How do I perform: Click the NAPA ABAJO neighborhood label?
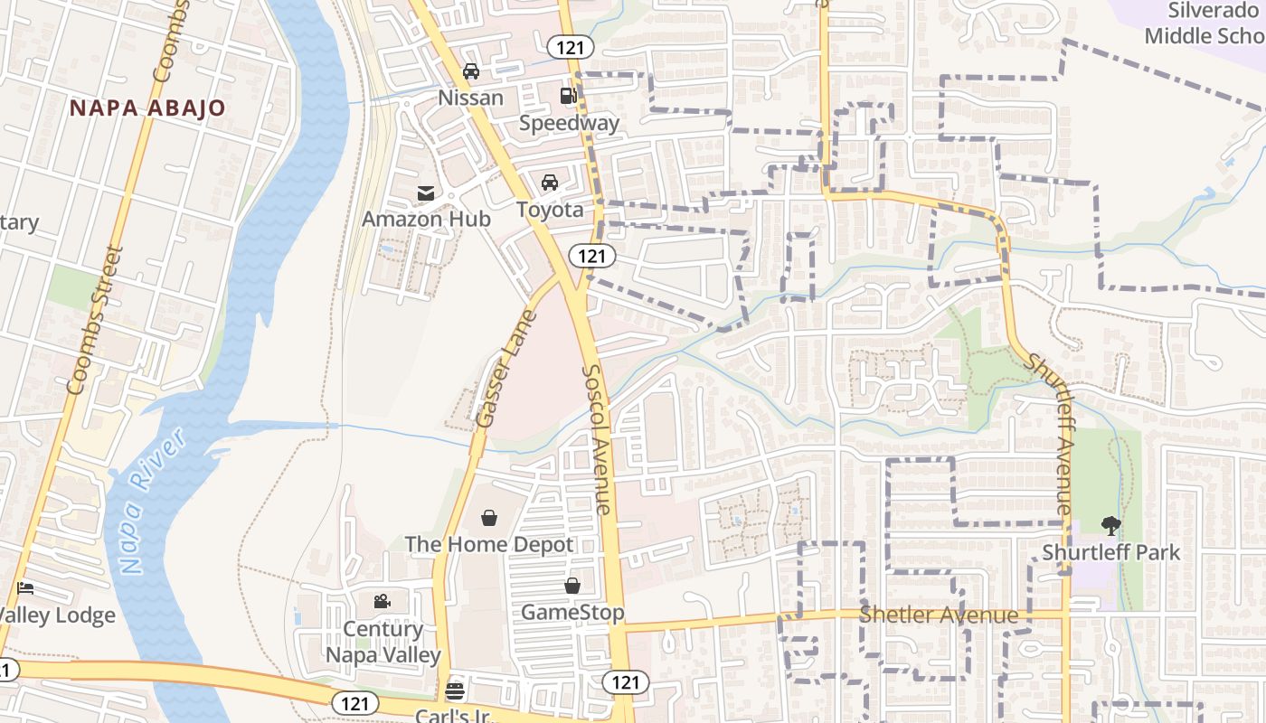point(148,108)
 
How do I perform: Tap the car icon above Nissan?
point(470,71)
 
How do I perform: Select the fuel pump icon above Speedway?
point(568,96)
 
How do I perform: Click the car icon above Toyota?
point(550,183)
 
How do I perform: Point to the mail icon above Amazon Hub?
point(425,192)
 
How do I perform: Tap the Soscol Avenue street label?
point(598,438)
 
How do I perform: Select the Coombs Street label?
point(94,321)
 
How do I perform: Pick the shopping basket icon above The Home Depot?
point(488,518)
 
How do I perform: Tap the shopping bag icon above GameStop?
point(572,586)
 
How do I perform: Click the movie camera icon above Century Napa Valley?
point(382,601)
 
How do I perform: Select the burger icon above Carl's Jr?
point(455,691)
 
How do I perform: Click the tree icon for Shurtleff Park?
point(1111,525)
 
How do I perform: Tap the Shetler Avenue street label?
point(939,615)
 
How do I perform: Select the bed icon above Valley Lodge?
point(25,588)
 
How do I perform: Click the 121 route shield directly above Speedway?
point(570,47)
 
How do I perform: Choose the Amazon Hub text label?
point(426,219)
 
